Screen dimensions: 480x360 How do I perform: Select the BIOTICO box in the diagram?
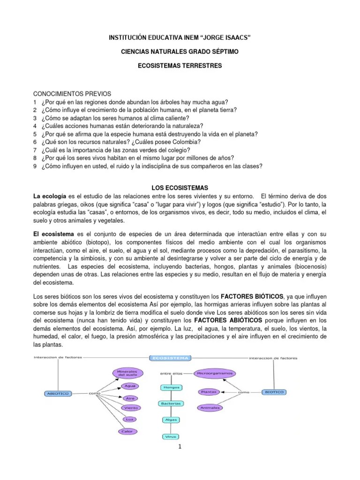click(274, 391)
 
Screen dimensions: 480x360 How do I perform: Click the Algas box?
click(169, 420)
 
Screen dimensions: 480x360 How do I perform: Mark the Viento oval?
click(131, 408)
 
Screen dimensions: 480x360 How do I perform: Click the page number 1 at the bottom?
click(180, 446)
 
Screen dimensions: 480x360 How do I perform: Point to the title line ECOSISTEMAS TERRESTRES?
click(180, 67)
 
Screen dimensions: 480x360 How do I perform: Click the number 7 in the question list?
click(35, 150)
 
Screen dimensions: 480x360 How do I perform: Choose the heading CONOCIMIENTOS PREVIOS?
click(72, 94)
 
